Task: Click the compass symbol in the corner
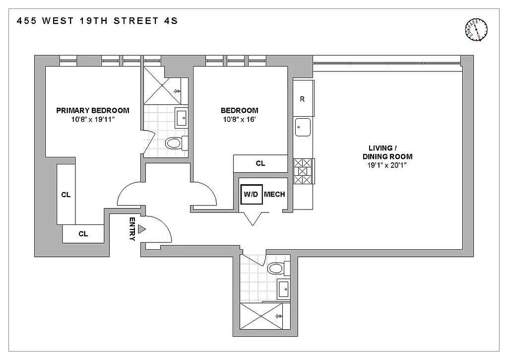477,30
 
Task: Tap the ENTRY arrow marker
142,229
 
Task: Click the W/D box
251,194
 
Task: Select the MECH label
274,194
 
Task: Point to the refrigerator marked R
302,99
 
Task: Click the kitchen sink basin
302,128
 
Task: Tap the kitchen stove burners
303,170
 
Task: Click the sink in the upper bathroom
182,118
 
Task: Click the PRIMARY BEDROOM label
92,111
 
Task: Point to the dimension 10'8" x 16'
239,119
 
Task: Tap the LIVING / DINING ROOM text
390,152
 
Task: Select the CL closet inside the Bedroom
260,163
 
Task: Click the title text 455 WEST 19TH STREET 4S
97,21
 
